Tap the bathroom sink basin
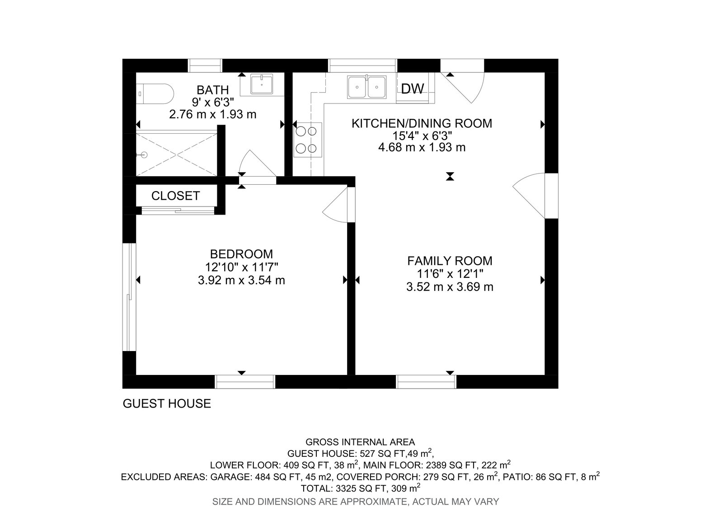(x=262, y=84)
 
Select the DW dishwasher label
(x=413, y=89)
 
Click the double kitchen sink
(x=366, y=87)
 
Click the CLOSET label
(x=175, y=196)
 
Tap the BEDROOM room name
(x=241, y=254)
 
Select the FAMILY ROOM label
(x=450, y=261)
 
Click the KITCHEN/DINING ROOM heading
(x=422, y=123)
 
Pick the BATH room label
(x=212, y=90)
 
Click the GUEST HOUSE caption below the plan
(x=167, y=403)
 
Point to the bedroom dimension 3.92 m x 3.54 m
(x=241, y=280)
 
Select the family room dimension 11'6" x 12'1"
(x=450, y=273)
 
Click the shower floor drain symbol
(x=144, y=155)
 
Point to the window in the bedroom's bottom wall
(x=245, y=382)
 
